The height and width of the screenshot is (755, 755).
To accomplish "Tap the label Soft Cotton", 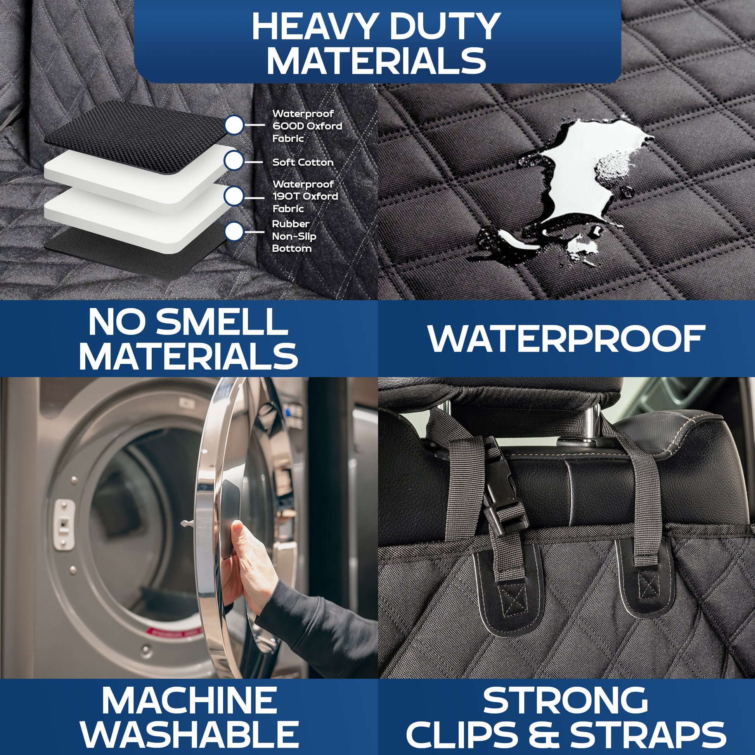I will (x=303, y=162).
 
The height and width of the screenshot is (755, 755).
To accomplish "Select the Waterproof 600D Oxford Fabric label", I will (x=307, y=126).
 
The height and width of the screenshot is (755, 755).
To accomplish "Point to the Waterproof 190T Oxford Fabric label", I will (x=305, y=196).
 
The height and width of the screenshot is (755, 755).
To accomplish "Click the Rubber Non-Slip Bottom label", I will (x=294, y=236).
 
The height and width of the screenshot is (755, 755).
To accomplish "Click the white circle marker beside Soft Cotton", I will (x=234, y=161).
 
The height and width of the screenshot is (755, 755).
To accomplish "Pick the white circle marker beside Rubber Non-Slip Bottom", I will (x=234, y=231).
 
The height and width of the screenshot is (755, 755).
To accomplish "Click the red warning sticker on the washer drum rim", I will (x=172, y=630).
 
